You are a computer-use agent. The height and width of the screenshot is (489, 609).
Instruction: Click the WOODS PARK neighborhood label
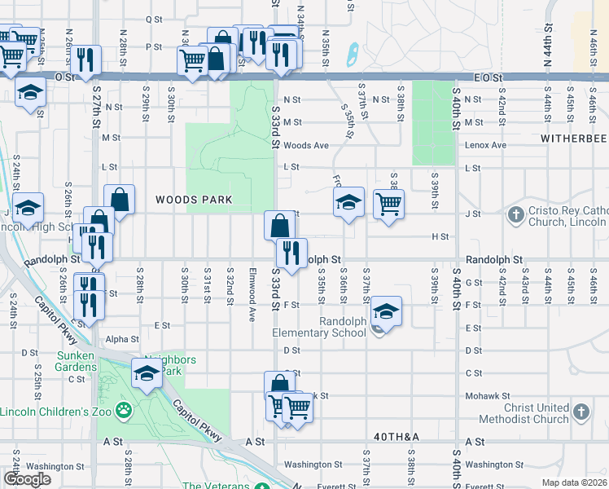[194, 200]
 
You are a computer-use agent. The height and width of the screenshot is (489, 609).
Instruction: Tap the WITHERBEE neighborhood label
[574, 139]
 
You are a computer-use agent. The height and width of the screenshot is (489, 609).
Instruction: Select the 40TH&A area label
[397, 438]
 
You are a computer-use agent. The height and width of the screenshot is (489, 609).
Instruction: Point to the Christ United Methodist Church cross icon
[581, 413]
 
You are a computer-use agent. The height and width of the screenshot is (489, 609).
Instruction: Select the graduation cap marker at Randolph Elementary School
[386, 312]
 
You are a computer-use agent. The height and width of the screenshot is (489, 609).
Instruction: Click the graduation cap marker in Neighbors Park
[147, 374]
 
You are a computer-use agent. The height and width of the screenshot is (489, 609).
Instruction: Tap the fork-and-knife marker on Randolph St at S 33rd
[290, 252]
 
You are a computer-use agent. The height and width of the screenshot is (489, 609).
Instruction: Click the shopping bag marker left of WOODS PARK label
[119, 198]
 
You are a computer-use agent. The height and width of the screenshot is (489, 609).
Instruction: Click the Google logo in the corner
[27, 479]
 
